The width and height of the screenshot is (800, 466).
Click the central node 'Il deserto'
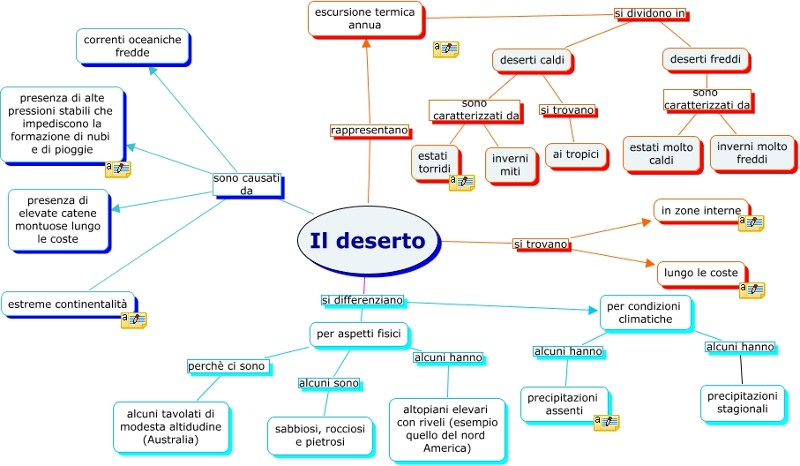368,242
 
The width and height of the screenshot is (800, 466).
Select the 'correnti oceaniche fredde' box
132,46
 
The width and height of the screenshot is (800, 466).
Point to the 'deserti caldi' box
532,60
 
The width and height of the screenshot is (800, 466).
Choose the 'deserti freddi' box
705,60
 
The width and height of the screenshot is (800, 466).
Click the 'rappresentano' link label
370,131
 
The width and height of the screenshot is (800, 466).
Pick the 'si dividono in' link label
649,14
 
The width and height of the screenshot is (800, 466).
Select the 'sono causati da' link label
246,184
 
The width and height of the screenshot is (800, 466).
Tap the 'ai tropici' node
575,155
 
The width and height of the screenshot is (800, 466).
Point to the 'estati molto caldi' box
662,154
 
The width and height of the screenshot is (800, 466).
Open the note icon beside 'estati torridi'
461,182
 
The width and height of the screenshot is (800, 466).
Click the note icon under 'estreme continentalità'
133,319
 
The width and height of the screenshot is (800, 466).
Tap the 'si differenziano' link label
362,300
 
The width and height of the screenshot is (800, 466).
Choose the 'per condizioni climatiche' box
645,312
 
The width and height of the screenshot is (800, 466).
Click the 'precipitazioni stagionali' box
742,402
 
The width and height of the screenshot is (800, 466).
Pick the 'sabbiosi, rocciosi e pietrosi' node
321,435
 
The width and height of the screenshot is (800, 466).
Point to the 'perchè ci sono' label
226,365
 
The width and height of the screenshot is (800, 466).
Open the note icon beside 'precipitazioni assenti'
605,423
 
